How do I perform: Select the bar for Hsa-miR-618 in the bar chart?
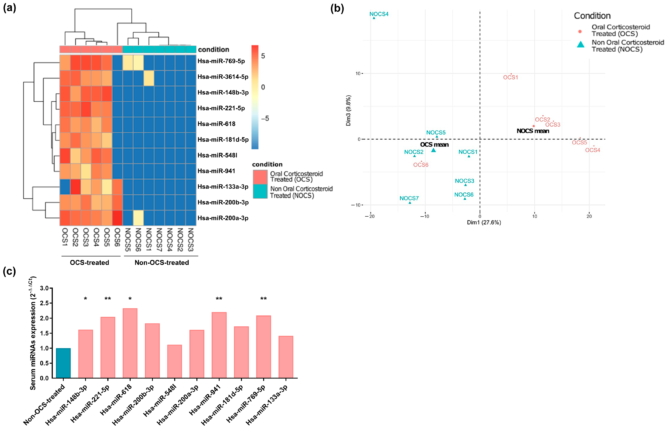tap(130, 343)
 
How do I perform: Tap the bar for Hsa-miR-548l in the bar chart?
tap(175, 361)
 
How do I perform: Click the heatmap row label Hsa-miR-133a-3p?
tap(223, 187)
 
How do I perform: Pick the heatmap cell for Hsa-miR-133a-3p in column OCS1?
tap(65, 187)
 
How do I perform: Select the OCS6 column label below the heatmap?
tap(117, 237)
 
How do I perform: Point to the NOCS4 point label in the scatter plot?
tap(379, 14)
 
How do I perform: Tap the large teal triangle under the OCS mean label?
tap(434, 150)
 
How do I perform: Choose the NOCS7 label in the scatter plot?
tap(409, 198)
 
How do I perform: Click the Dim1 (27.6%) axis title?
tap(484, 222)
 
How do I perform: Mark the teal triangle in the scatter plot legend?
tap(581, 44)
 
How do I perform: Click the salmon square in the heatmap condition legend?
tap(260, 177)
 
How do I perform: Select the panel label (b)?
tap(337, 8)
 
